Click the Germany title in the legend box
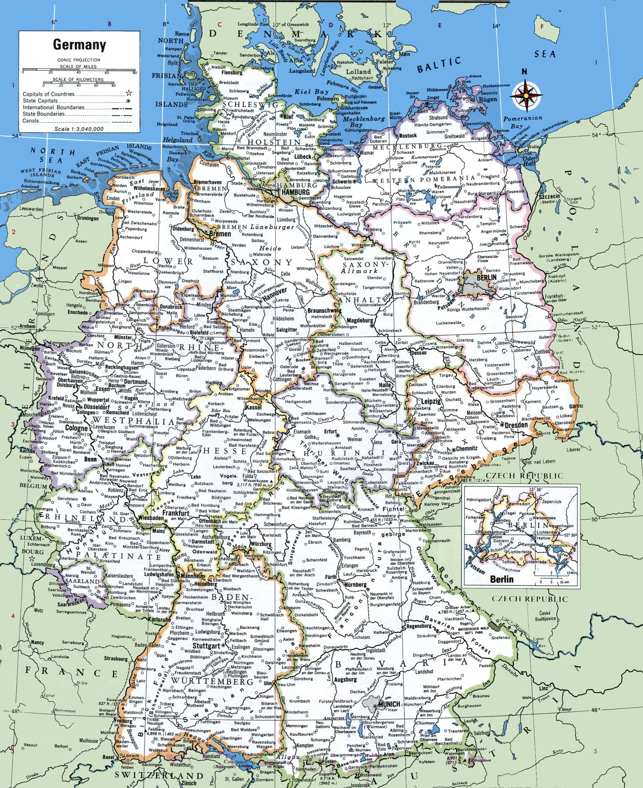point(79,45)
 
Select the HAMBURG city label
point(295,192)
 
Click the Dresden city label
point(516,425)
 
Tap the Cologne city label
point(76,428)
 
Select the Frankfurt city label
point(176,514)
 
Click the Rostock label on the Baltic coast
point(408,135)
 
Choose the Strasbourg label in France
point(116,659)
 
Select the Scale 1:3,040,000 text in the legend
point(79,129)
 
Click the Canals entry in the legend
point(30,121)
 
